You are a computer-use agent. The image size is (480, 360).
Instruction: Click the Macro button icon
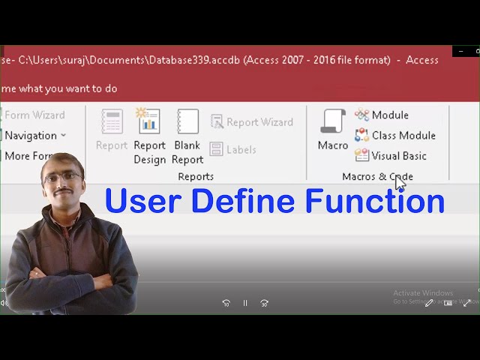332,121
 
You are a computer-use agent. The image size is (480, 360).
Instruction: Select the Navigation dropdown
34,135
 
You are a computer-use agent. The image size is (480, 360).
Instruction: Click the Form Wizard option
34,115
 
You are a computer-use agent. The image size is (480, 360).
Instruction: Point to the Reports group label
196,176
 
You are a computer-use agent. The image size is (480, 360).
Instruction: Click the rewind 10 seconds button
226,303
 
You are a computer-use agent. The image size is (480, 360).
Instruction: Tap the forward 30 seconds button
264,303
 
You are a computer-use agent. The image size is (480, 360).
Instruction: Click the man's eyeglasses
62,176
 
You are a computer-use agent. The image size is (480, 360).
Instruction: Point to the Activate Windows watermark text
423,293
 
